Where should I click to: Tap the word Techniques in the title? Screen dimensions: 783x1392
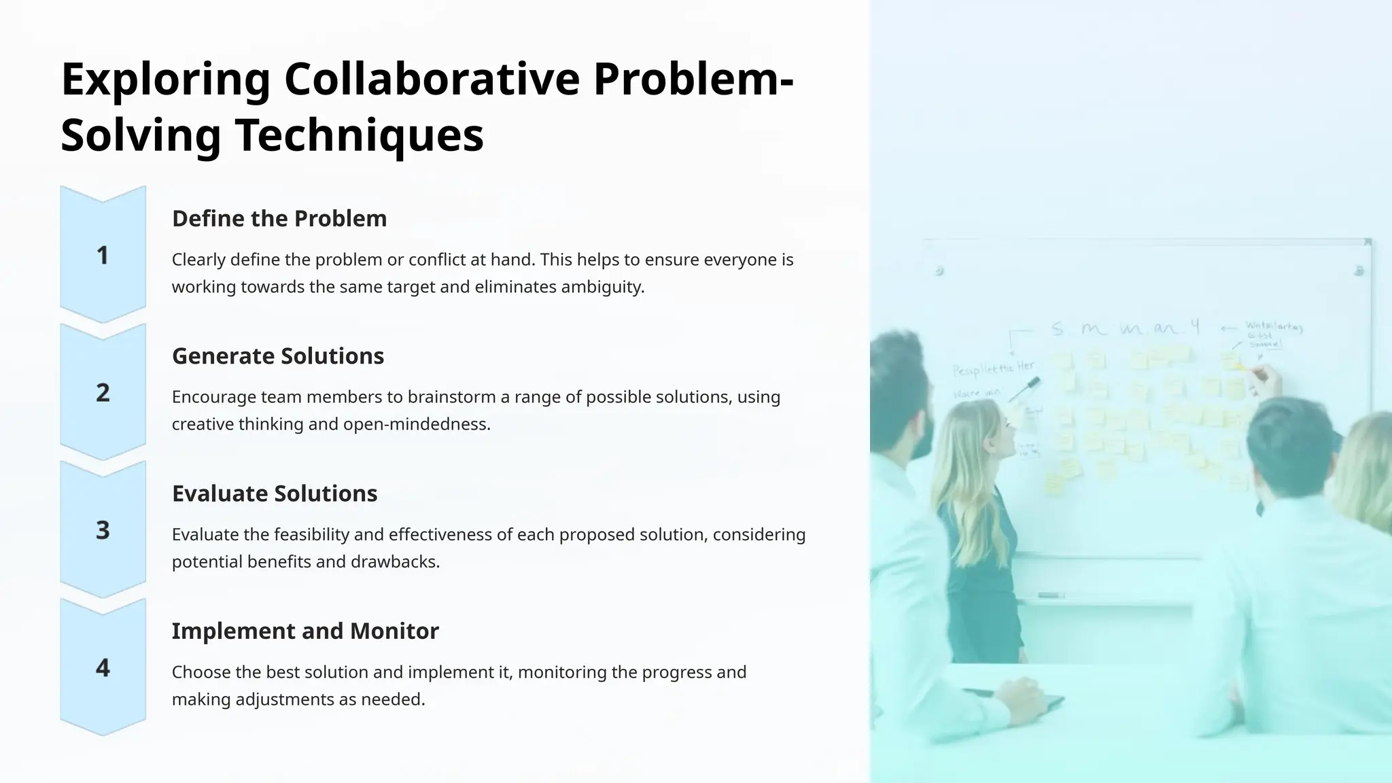360,135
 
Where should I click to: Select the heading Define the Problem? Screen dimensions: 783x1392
279,219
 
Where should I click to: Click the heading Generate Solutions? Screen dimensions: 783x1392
278,356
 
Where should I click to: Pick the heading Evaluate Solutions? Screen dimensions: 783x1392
275,493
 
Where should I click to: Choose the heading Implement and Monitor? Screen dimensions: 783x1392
305,631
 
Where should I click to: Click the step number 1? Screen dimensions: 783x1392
103,256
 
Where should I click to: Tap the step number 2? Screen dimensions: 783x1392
103,393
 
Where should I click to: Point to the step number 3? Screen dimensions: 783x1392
103,530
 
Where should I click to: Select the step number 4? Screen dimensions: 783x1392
103,668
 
